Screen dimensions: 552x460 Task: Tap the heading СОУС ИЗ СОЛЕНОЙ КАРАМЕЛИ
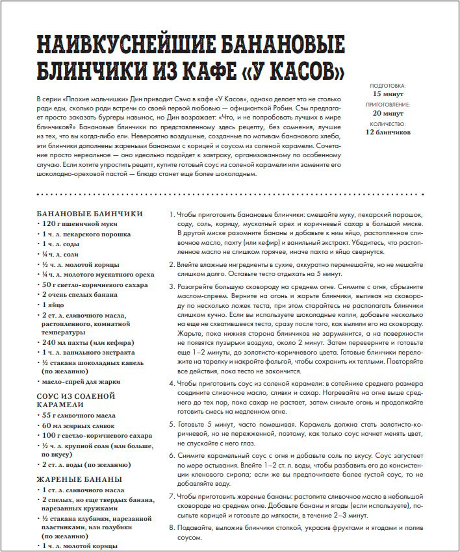pyautogui.click(x=76, y=399)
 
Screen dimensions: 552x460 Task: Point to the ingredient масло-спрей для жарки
pyautogui.click(x=83, y=382)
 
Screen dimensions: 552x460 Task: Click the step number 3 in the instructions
pyautogui.click(x=171, y=285)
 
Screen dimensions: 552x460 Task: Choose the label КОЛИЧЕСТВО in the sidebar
pyautogui.click(x=387, y=124)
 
